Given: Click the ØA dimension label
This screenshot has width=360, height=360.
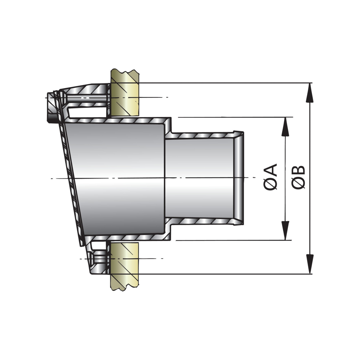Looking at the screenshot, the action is (270, 177).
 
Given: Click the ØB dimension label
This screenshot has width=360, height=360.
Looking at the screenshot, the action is (298, 177).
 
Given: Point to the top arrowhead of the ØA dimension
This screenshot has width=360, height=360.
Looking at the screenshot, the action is (285, 127).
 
